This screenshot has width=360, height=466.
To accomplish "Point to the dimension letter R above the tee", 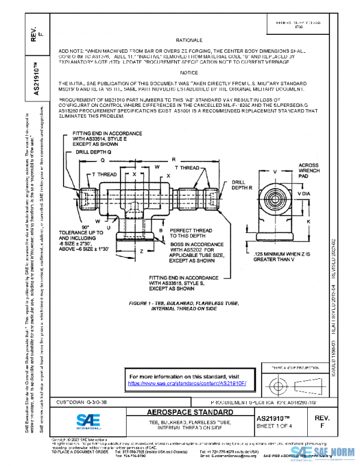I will click(173, 160).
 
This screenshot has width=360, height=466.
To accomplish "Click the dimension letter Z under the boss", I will click(141, 252).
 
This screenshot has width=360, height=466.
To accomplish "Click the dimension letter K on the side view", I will click(307, 222).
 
